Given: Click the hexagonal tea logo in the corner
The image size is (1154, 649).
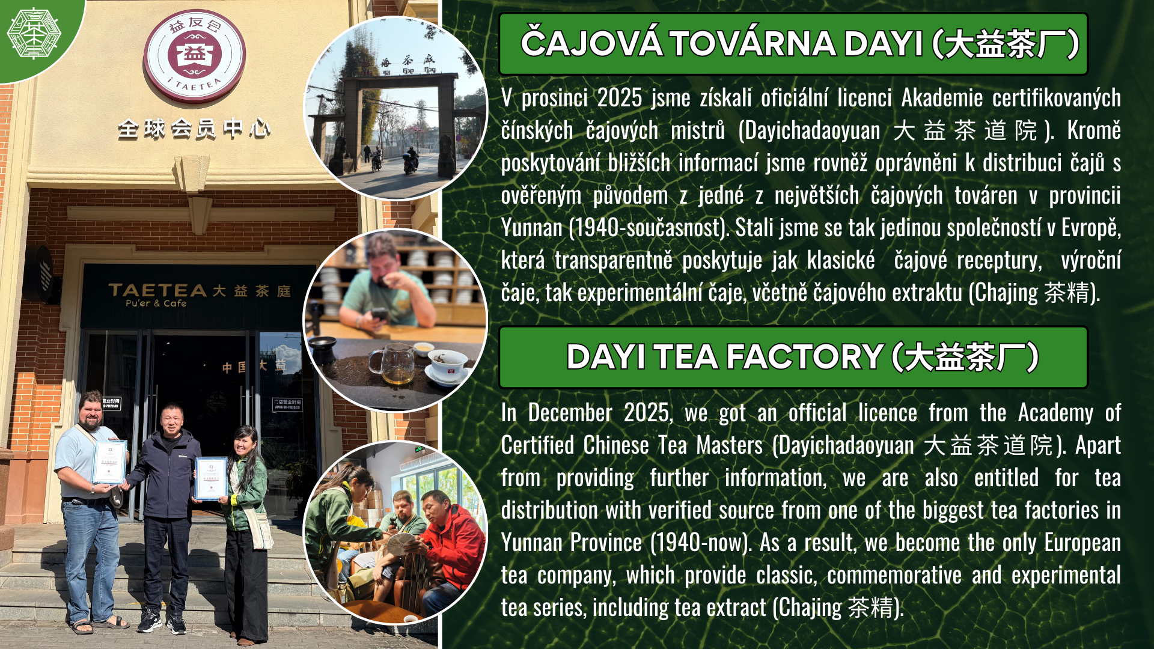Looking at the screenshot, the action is coord(34,34).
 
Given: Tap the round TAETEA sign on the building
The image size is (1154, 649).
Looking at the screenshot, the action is coord(194,55).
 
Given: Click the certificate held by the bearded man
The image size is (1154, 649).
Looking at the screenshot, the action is coord(109,462).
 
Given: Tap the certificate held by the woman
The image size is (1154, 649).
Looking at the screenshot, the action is coord(210,478).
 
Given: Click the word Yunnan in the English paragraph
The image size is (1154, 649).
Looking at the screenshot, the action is coord(531,543).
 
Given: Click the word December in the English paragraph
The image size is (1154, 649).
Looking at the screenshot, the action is coord(570,413).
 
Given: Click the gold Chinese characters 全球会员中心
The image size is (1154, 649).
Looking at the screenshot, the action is coord(194,129).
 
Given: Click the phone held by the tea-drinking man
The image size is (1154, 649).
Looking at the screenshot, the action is coord(379,314).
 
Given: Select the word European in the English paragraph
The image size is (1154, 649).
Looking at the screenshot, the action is coord(1082,543).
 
